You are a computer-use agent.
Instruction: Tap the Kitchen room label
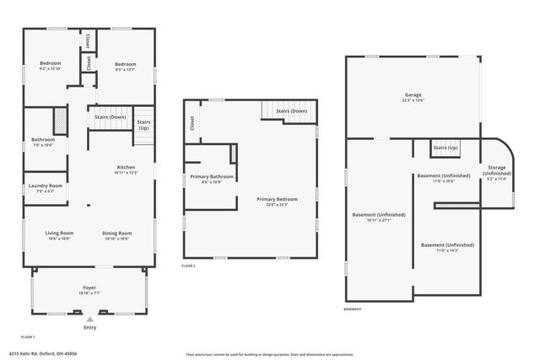coord(125,167)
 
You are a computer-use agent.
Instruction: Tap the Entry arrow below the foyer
coord(89,319)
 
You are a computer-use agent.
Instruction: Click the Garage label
coord(412,95)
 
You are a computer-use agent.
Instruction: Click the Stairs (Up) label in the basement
coord(445,148)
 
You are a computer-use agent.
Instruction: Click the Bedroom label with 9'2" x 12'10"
coord(50,64)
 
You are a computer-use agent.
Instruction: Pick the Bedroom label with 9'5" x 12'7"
coord(125,64)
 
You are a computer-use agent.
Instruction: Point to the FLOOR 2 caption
coord(188,266)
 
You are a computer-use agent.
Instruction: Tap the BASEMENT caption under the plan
coord(353,309)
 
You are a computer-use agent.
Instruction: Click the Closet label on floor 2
coord(192,124)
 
